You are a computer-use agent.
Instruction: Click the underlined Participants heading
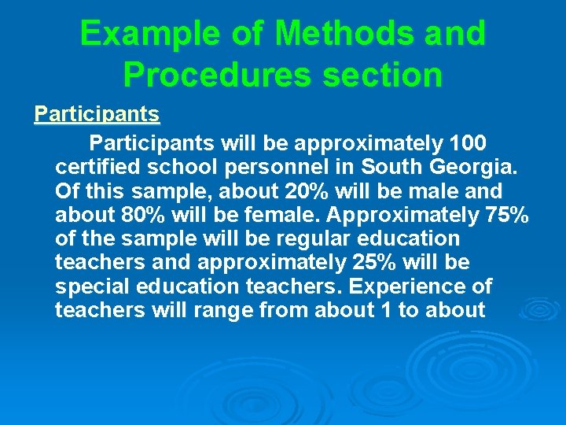tap(97, 115)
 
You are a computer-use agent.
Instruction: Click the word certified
tap(99, 168)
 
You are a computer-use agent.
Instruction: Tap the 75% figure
tap(508, 215)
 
